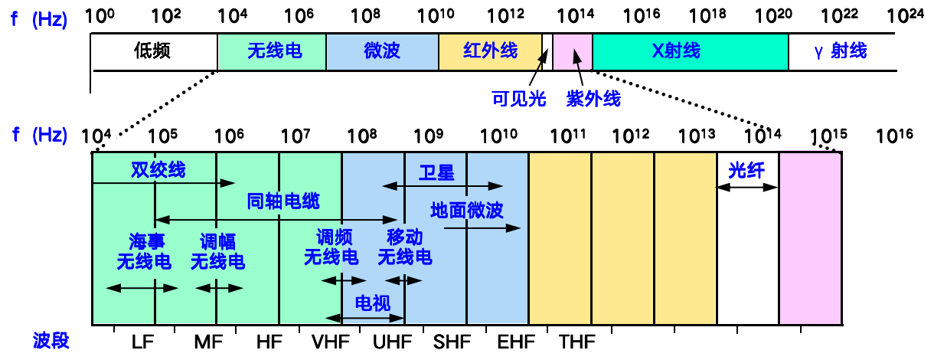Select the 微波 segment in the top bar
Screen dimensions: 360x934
click(x=382, y=51)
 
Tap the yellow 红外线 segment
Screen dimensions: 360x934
click(x=490, y=51)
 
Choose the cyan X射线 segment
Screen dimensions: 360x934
click(x=690, y=51)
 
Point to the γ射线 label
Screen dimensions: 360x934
click(x=840, y=51)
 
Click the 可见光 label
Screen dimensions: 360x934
click(x=518, y=99)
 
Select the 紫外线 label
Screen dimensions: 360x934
click(x=593, y=99)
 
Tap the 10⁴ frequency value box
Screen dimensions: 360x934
click(x=98, y=135)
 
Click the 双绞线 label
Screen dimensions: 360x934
click(x=158, y=169)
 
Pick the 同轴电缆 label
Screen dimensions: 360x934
click(x=282, y=201)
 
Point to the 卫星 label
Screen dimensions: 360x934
click(x=436, y=172)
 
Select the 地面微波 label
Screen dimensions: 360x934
click(x=466, y=210)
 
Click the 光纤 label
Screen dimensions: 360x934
click(x=746, y=171)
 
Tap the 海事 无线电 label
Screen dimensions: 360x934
click(x=144, y=251)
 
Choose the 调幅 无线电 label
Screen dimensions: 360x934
click(x=217, y=251)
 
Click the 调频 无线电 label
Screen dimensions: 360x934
click(x=331, y=247)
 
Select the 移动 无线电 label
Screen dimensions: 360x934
click(x=404, y=247)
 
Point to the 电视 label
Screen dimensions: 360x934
click(x=373, y=303)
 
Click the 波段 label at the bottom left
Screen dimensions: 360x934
click(x=51, y=341)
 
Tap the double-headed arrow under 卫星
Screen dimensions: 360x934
click(x=443, y=186)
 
